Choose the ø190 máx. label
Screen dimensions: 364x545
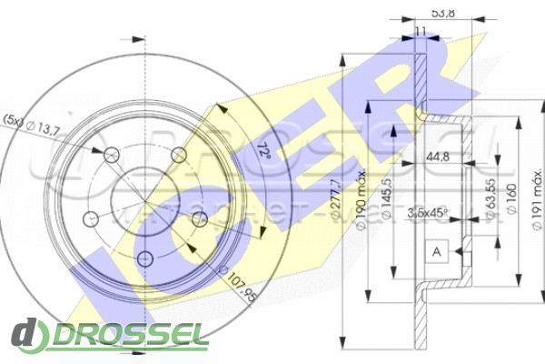[362, 187]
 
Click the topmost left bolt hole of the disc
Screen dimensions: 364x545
[112, 154]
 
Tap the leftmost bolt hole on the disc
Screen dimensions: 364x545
[91, 218]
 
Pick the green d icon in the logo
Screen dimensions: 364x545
[30, 336]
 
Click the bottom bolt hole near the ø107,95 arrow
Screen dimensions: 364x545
[145, 258]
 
